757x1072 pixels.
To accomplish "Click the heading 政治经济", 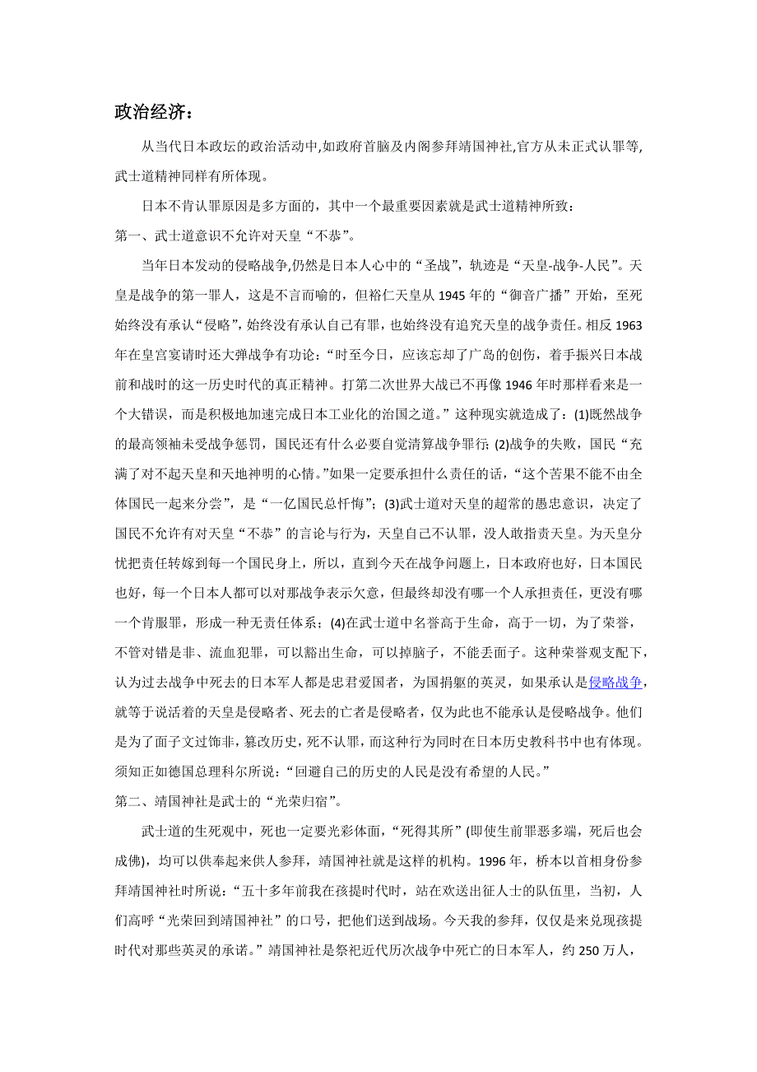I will coord(151,112).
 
